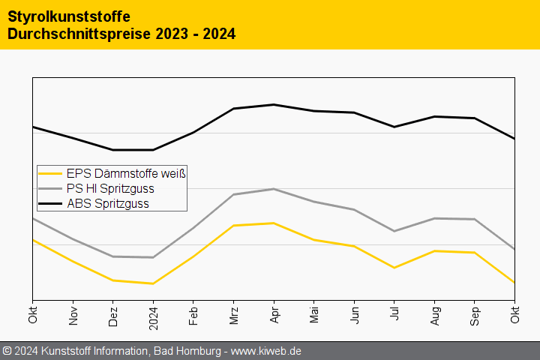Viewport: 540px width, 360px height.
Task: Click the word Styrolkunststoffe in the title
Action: [69, 16]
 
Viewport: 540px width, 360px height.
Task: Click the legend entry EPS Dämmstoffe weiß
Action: [125, 173]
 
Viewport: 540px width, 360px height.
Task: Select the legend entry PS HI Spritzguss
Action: [115, 188]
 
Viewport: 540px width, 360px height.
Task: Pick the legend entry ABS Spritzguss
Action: [107, 203]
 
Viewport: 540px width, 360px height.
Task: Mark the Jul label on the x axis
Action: [394, 316]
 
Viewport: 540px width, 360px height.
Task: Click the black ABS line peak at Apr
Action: [274, 104]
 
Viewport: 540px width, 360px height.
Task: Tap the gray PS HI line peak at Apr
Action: [274, 189]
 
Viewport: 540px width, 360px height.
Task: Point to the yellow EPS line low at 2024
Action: [154, 283]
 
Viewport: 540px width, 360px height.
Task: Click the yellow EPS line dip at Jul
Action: [394, 268]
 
